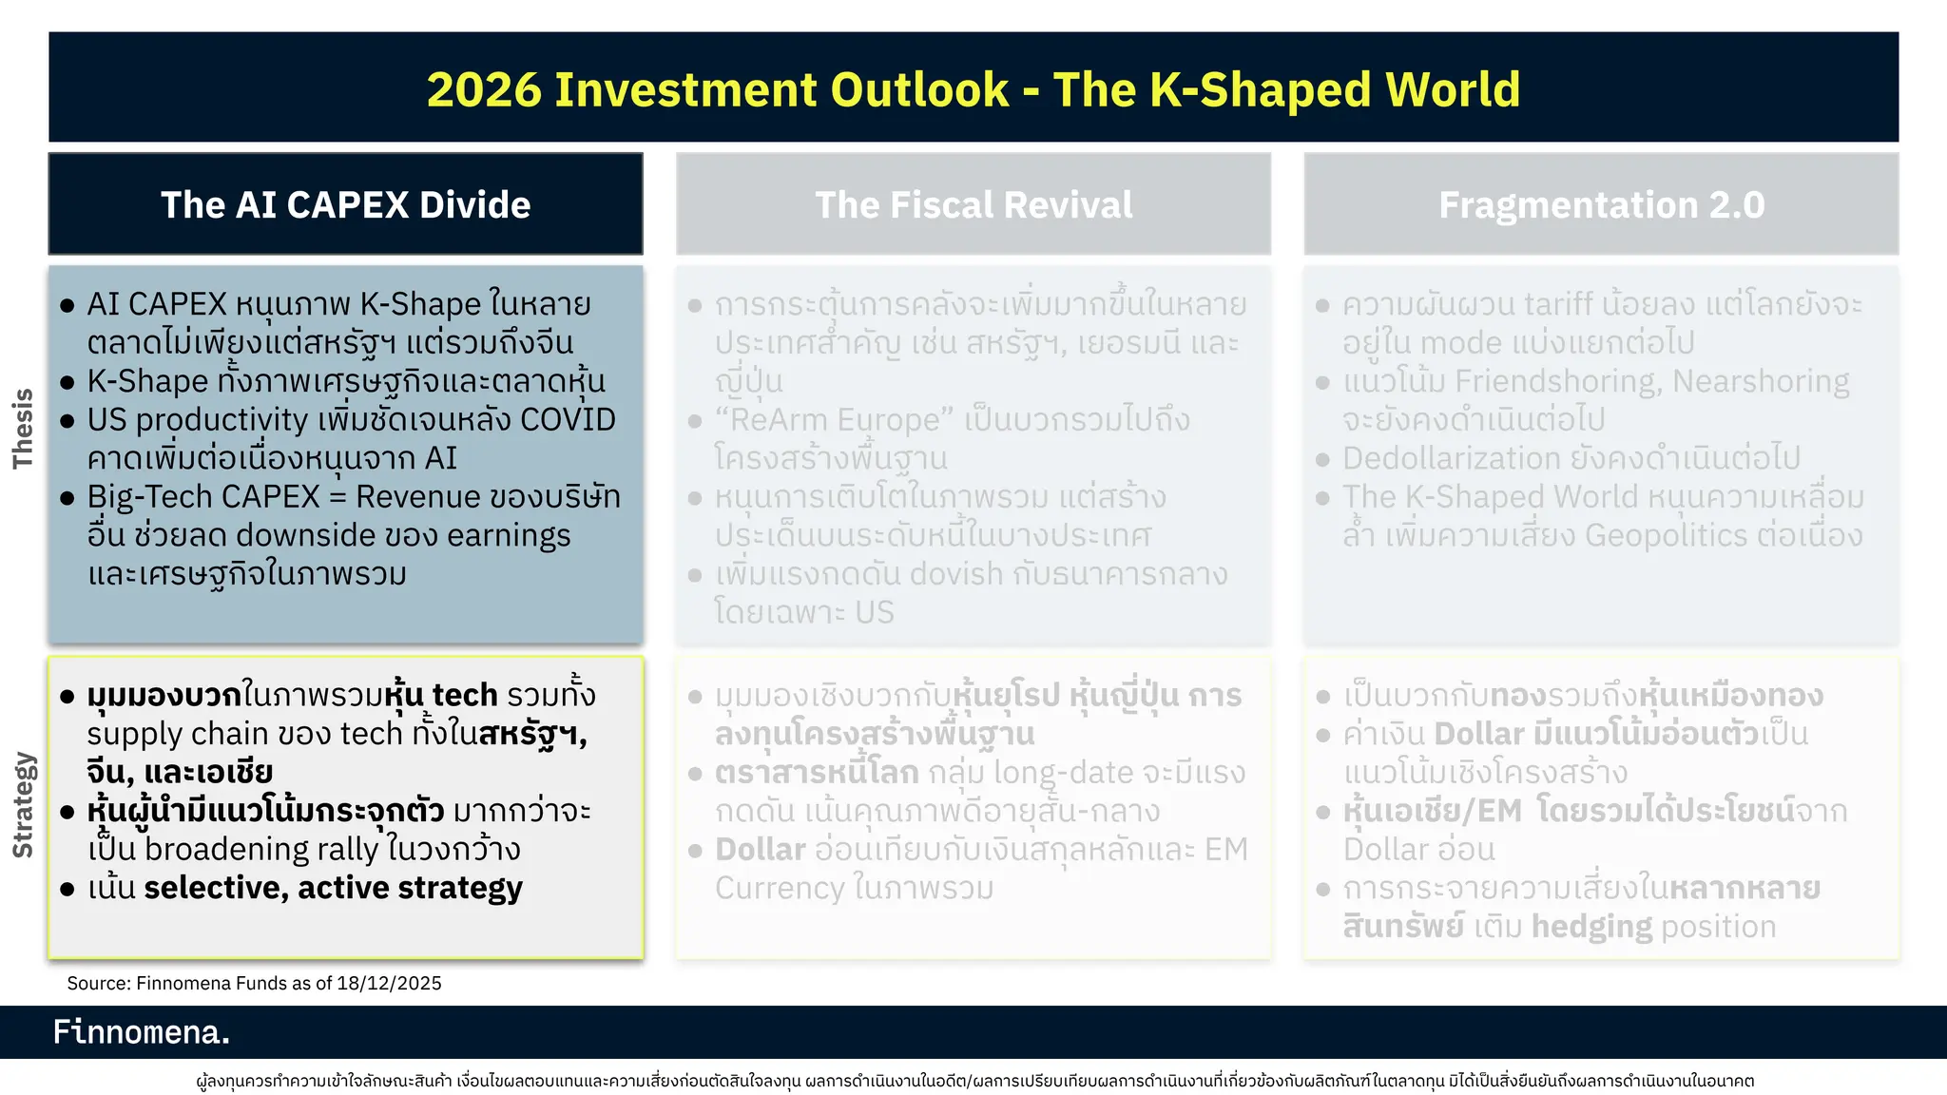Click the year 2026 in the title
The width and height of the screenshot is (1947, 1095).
point(483,90)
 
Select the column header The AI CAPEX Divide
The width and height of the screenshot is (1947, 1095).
point(345,205)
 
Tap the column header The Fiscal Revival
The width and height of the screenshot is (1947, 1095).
point(973,205)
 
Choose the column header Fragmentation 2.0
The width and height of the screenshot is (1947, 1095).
point(1601,205)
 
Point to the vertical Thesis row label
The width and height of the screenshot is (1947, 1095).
point(23,429)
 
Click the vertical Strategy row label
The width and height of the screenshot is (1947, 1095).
point(23,805)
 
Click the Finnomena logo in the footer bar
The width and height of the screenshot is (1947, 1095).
point(142,1031)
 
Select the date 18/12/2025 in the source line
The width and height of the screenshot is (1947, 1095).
point(389,984)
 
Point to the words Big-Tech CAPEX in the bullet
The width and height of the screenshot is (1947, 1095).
point(203,497)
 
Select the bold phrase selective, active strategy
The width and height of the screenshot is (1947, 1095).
point(333,888)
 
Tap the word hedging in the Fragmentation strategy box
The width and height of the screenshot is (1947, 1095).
point(1591,927)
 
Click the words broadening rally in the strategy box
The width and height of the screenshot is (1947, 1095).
point(261,850)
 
